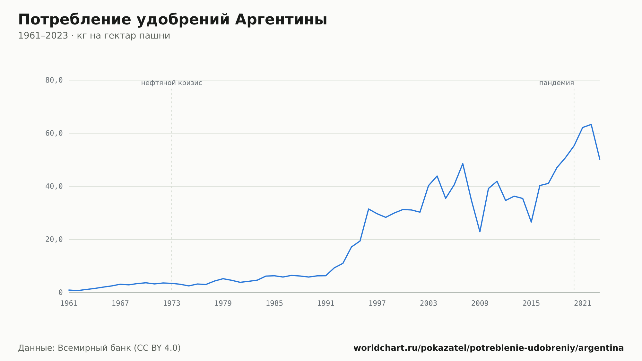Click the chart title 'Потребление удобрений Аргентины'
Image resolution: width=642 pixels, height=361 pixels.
tap(173, 20)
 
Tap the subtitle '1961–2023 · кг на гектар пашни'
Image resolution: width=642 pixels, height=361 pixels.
tap(94, 36)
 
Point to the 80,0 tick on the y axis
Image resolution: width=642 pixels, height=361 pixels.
tap(54, 80)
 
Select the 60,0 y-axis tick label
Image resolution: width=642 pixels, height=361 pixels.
tap(54, 133)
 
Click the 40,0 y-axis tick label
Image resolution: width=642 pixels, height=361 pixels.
tap(54, 186)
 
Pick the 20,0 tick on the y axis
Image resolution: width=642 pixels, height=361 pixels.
tap(54, 239)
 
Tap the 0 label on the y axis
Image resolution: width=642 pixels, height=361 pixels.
tap(60, 293)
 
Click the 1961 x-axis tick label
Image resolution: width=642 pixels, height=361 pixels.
tap(69, 304)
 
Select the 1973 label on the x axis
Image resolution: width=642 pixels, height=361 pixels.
tap(172, 304)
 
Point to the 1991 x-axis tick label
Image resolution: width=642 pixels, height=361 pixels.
tap(326, 304)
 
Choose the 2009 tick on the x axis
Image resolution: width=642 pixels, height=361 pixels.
tap(480, 304)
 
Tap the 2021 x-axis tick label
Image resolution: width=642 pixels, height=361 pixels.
tap(583, 304)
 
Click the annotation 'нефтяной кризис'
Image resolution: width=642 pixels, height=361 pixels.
tap(172, 83)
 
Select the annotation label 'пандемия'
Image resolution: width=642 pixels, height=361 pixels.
tap(557, 83)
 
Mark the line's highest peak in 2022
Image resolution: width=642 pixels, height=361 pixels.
tap(591, 124)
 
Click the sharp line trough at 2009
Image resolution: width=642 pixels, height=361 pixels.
tap(480, 232)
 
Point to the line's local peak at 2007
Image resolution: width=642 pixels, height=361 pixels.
tap(463, 163)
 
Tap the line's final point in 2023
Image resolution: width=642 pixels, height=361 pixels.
tap(600, 159)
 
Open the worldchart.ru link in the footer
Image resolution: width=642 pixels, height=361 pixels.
tap(489, 348)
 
